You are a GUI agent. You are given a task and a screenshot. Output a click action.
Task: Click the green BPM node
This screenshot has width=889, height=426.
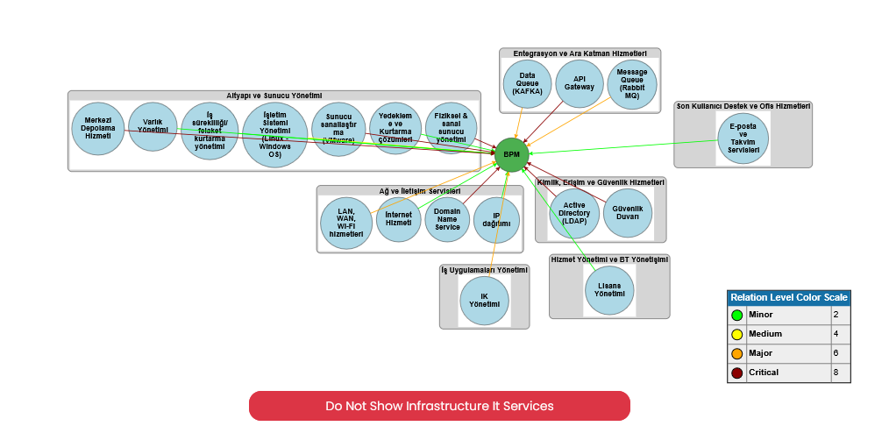pyautogui.click(x=512, y=154)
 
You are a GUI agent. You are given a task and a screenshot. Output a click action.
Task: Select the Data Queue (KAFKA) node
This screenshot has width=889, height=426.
pyautogui.click(x=527, y=84)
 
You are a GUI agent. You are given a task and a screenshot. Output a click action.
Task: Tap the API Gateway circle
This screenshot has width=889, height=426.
pyautogui.click(x=579, y=84)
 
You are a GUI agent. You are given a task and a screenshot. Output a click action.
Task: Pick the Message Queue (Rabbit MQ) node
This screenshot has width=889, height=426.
pyautogui.click(x=632, y=84)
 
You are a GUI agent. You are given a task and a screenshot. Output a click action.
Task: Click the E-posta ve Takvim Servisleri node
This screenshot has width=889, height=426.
pyautogui.click(x=743, y=138)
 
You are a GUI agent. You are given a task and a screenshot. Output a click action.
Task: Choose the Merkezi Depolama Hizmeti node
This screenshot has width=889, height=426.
pyautogui.click(x=96, y=128)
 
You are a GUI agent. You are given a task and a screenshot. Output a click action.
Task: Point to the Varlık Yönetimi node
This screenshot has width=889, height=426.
pyautogui.click(x=153, y=127)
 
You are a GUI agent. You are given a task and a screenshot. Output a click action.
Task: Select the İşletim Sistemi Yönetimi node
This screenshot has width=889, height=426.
pyautogui.click(x=274, y=134)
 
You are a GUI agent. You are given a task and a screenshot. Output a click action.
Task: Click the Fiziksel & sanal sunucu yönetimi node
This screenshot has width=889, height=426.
pyautogui.click(x=452, y=128)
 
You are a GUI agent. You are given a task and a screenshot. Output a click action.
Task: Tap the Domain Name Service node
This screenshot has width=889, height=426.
pyautogui.click(x=447, y=219)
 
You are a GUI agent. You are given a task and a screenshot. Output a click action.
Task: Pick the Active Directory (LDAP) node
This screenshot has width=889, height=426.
pyautogui.click(x=574, y=213)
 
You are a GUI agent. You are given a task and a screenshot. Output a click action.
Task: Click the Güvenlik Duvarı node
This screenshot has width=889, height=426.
pyautogui.click(x=628, y=213)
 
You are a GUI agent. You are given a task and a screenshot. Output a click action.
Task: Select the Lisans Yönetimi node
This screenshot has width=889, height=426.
pyautogui.click(x=609, y=291)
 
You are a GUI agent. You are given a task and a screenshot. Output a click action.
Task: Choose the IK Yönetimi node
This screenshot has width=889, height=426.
pyautogui.click(x=484, y=301)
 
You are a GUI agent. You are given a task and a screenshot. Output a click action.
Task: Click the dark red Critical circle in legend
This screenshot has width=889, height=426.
pyautogui.click(x=736, y=373)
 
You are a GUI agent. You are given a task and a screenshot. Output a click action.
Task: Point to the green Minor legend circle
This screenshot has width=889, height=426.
pyautogui.click(x=736, y=315)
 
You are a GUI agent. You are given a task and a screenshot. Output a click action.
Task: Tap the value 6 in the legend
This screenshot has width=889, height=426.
pyautogui.click(x=836, y=353)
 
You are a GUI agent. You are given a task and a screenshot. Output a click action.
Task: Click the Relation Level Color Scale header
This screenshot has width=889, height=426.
pyautogui.click(x=789, y=297)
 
